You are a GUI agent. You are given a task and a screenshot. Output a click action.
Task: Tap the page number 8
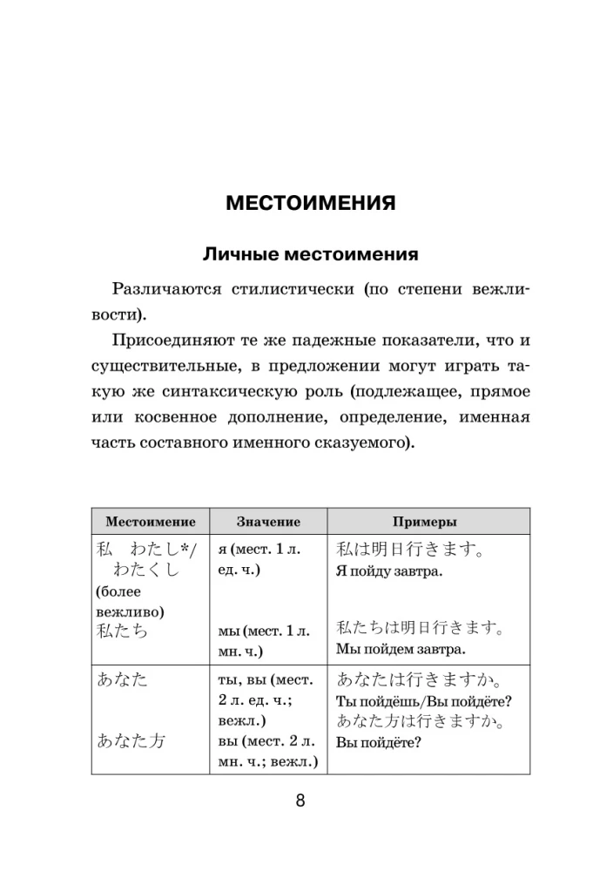pos(300,801)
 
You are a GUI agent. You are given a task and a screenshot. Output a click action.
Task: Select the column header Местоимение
pos(150,522)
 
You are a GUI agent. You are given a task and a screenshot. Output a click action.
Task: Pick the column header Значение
pos(268,522)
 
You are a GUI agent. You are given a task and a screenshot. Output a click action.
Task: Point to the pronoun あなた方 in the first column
pos(131,741)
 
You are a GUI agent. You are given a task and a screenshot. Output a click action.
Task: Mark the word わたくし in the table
pos(146,571)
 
